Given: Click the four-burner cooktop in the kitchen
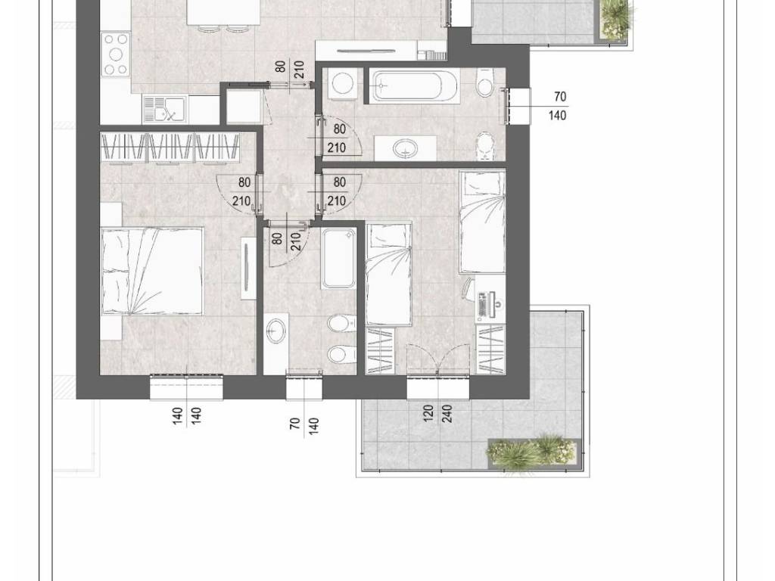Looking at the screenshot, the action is (x=116, y=54).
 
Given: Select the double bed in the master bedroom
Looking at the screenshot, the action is (x=152, y=271).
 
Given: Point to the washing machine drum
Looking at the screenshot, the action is (x=342, y=83).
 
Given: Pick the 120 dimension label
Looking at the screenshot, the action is (x=428, y=412).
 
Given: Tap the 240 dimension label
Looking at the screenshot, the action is (x=447, y=412).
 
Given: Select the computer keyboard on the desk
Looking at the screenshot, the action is (x=482, y=306).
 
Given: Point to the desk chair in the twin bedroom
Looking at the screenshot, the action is (x=468, y=289).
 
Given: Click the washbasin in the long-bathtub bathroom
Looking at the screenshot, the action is (x=406, y=148).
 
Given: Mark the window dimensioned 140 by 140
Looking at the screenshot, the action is (x=188, y=386).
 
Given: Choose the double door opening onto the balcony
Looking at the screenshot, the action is (x=438, y=359).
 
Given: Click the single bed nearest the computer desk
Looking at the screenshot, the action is (x=482, y=222).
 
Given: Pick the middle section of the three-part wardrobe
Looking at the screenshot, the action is (x=172, y=148).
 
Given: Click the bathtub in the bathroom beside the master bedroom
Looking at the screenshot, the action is (x=338, y=259).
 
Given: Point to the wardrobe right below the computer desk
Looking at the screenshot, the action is (x=490, y=350).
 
